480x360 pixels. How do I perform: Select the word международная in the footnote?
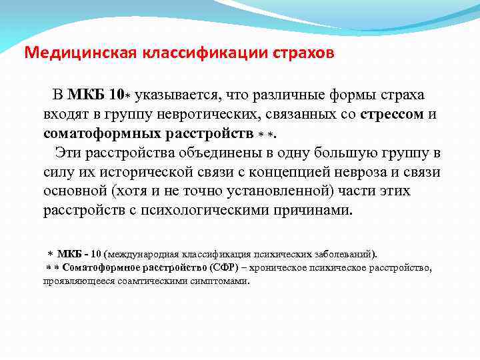pyautogui.click(x=137, y=254)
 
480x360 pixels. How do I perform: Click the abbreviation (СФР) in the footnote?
pyautogui.click(x=227, y=267)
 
